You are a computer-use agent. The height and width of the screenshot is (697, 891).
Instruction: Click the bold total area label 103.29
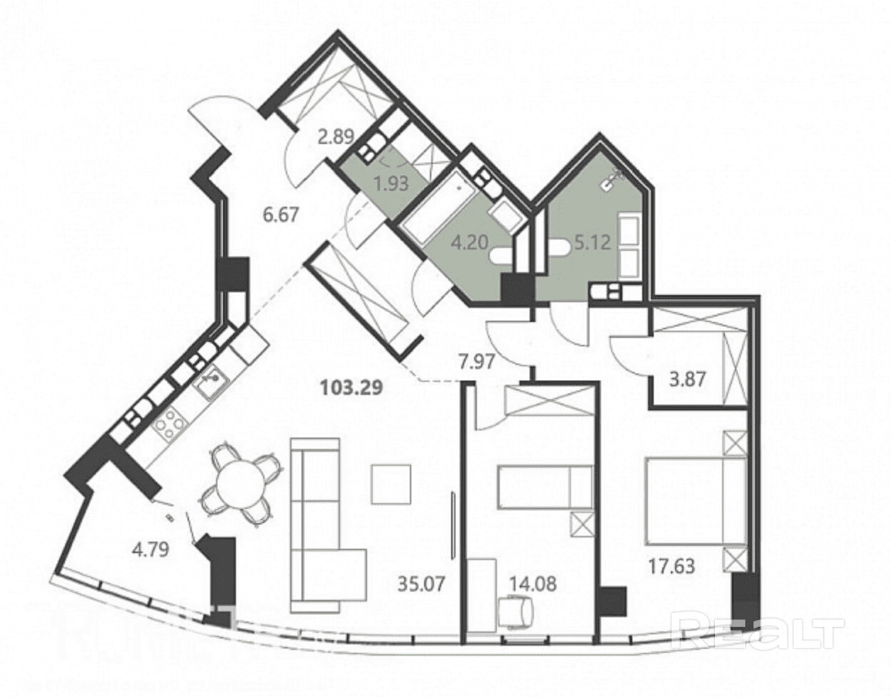[x=351, y=388]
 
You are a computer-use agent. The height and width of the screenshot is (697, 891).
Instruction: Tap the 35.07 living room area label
[x=421, y=584]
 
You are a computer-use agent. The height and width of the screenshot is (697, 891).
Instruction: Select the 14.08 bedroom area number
[x=532, y=584]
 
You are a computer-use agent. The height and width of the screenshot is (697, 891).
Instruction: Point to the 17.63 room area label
[x=671, y=567]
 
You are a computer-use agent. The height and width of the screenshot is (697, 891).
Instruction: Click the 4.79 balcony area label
[x=150, y=550]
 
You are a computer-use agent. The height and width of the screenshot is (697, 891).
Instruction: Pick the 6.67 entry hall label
[x=280, y=215]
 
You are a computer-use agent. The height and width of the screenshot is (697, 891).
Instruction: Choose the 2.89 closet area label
[x=336, y=136]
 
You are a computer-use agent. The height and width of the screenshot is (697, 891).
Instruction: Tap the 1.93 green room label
[x=391, y=184]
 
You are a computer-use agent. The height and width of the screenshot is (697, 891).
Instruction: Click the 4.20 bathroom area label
[x=470, y=242]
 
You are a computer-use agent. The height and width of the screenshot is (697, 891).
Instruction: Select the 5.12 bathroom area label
[x=593, y=242]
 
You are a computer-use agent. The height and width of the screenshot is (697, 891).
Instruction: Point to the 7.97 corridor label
[x=476, y=363]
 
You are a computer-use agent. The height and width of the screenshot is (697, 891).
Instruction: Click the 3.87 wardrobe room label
[x=688, y=379]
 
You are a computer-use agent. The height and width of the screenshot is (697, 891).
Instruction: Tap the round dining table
[x=241, y=483]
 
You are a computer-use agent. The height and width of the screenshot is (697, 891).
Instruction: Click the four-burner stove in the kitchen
[x=168, y=423]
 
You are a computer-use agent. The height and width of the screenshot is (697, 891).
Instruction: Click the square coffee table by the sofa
[x=391, y=484]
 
